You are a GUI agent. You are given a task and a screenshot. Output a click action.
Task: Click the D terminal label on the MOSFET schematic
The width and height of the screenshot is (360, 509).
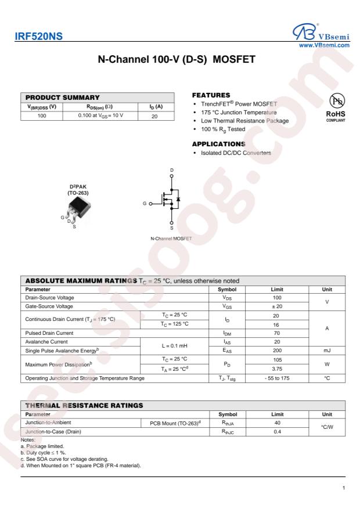pos(171,171)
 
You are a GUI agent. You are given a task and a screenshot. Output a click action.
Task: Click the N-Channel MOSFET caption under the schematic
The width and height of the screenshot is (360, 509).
pos(171,239)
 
